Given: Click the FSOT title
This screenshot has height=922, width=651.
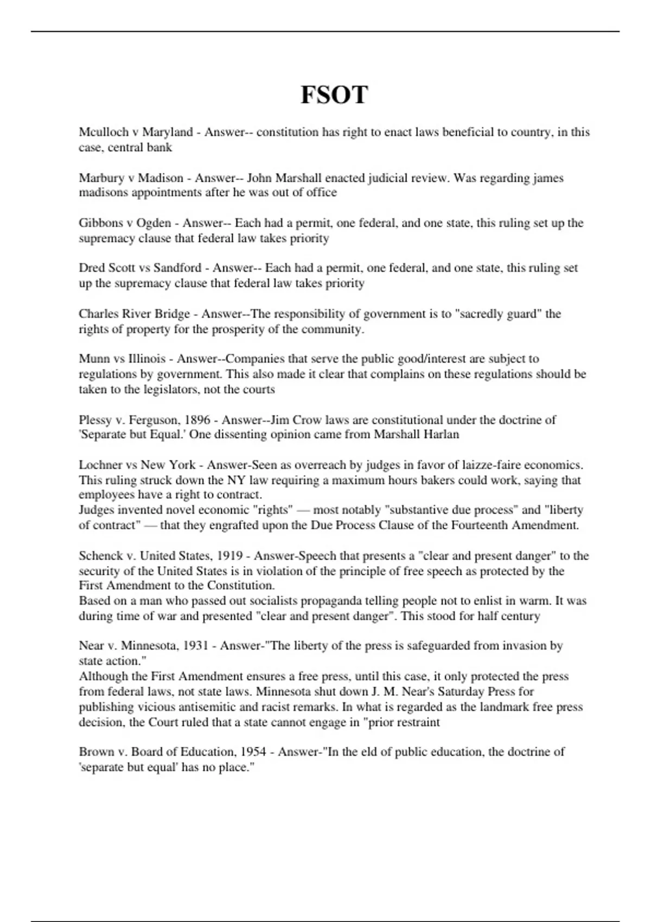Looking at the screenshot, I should coord(334,95).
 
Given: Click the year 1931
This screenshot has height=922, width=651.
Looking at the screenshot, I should coord(197,646).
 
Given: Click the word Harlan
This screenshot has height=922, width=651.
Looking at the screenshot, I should coord(441,434).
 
